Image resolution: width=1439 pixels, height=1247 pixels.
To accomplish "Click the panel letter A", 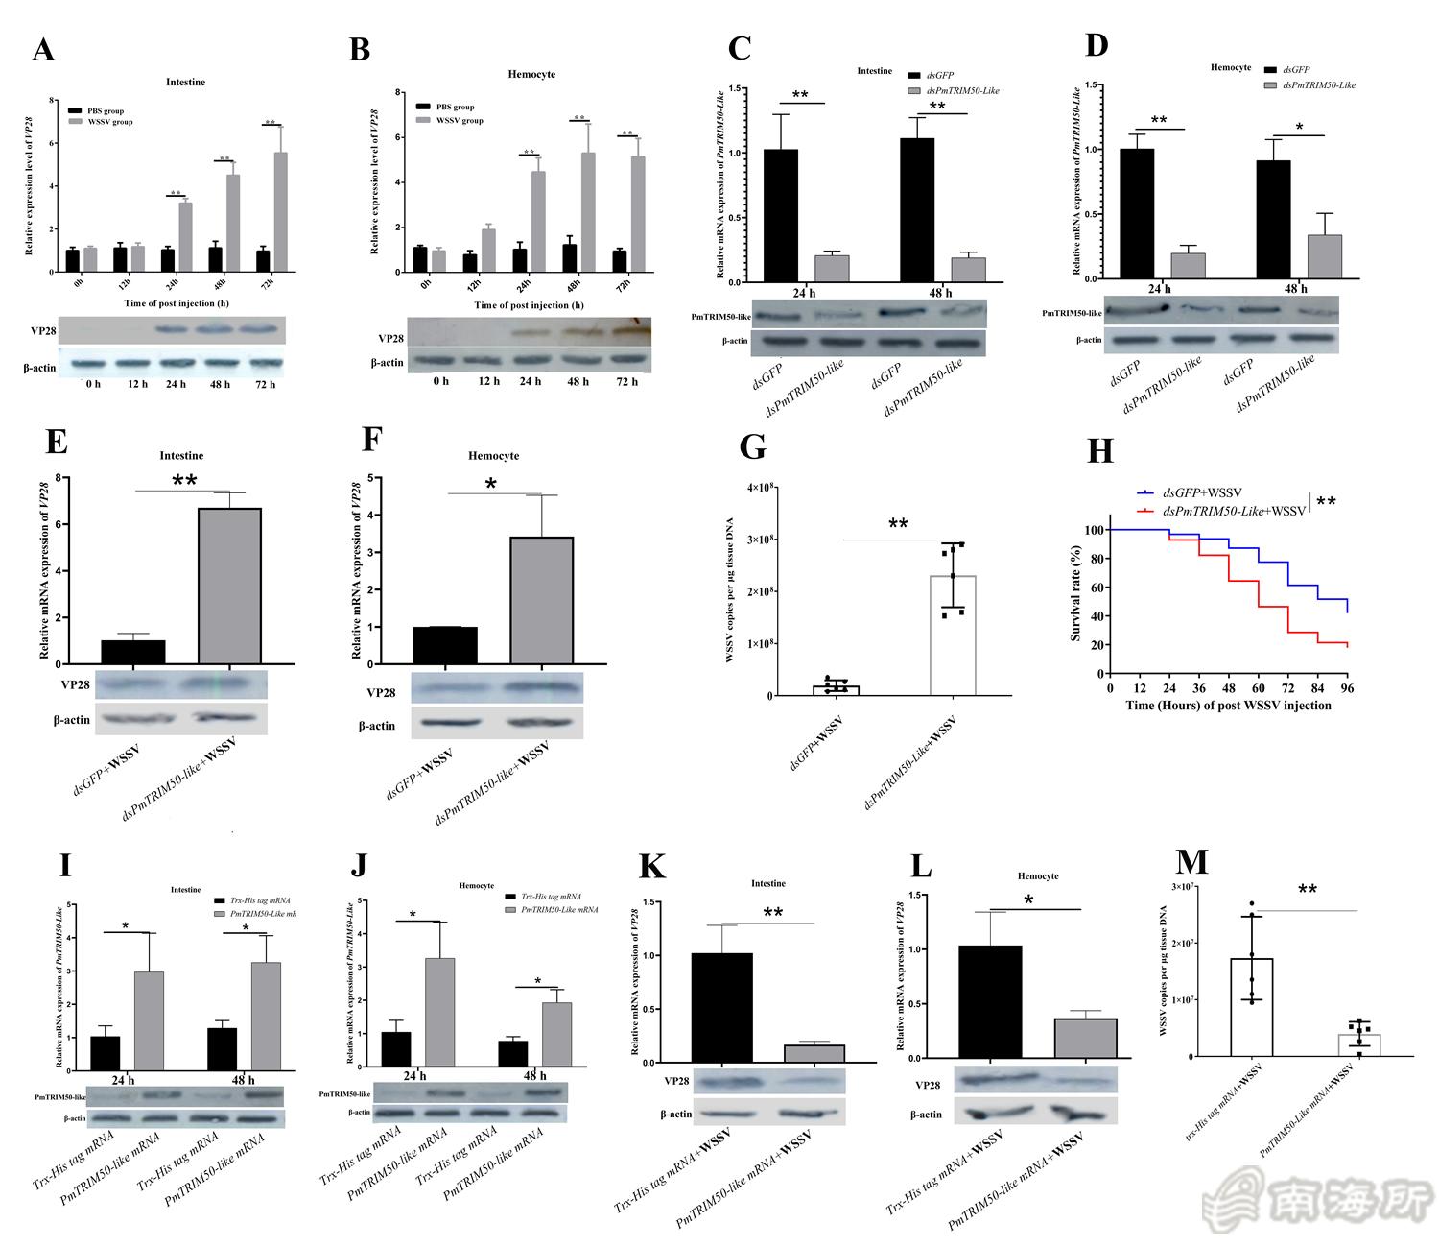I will tap(42, 50).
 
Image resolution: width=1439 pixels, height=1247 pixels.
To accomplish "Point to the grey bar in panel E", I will tap(229, 586).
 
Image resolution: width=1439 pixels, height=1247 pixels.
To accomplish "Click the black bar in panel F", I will tap(445, 645).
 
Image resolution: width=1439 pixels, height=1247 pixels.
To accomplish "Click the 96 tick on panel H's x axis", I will tap(1346, 688).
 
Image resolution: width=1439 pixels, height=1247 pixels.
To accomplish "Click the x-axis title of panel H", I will tap(1228, 706).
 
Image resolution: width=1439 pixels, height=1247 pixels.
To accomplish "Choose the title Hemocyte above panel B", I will tap(531, 74).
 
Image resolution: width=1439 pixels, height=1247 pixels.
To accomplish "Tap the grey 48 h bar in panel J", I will tap(557, 1034).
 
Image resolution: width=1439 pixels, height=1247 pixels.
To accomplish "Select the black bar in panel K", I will tap(722, 1008).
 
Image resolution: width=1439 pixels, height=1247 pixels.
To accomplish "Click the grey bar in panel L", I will tap(1085, 1039).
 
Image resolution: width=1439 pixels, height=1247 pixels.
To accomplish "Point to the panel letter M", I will tap(1191, 861).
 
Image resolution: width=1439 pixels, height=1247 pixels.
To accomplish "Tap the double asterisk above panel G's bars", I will tap(898, 524).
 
